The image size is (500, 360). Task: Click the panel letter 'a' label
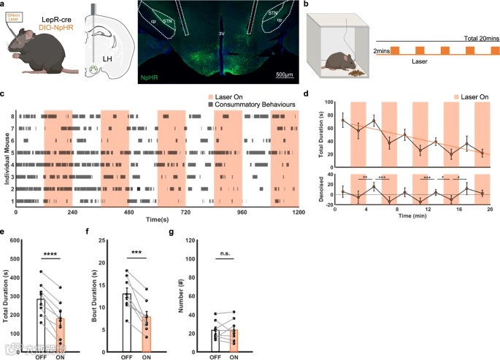tap(4, 5)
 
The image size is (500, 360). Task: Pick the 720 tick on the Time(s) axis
tap(185, 213)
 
